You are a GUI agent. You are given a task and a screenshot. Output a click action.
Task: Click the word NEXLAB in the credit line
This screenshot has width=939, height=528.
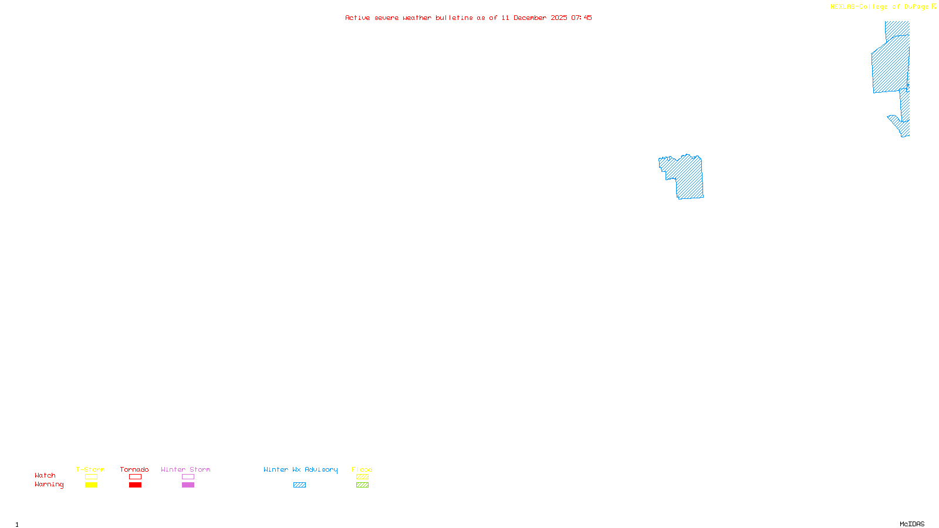(843, 7)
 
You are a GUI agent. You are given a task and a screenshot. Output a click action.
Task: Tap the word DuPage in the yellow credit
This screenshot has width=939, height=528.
(916, 7)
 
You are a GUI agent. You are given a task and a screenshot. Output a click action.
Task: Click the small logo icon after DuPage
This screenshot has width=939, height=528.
(934, 6)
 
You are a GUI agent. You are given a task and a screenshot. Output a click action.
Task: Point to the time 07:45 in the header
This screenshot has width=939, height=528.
(581, 18)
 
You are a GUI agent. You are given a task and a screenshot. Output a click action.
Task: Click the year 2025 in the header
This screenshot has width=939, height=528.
(559, 18)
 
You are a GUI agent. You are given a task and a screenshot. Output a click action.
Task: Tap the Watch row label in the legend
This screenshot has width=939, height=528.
(45, 476)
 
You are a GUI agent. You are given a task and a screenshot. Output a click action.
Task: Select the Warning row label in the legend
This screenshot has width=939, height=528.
(49, 485)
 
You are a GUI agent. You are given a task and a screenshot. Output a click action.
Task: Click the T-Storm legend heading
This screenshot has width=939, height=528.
(90, 469)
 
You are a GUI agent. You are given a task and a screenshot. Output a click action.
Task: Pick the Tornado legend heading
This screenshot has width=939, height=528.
(134, 469)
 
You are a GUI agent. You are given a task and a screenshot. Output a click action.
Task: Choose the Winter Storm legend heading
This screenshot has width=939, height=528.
(185, 469)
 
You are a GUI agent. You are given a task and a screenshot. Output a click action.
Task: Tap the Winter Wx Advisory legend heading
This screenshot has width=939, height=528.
(300, 469)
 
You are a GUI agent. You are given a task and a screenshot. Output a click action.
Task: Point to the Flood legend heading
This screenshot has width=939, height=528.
(362, 469)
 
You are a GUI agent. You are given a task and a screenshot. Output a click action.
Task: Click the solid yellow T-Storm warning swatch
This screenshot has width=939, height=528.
(91, 485)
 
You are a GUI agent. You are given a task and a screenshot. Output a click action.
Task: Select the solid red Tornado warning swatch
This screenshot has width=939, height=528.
(135, 485)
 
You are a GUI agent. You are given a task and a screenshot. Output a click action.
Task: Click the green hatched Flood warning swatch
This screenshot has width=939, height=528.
(362, 485)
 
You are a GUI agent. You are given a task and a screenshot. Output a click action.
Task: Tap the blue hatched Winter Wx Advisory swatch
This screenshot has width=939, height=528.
(299, 485)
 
